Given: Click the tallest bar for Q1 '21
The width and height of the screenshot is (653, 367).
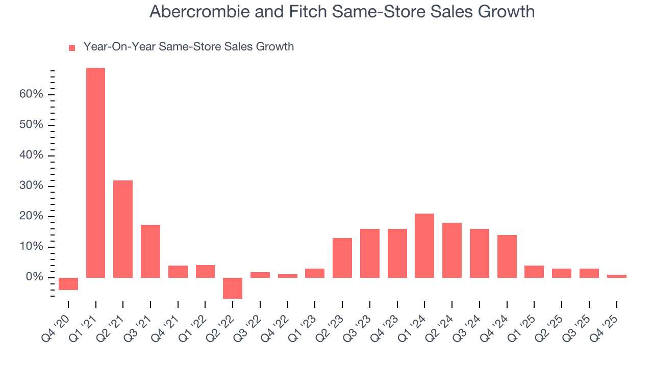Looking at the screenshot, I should pos(96,173).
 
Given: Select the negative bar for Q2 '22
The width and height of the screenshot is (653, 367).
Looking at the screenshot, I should pos(233,288).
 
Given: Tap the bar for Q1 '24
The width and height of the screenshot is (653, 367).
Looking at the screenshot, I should pos(424,246).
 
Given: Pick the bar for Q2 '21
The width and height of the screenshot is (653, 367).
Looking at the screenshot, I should pos(123,229).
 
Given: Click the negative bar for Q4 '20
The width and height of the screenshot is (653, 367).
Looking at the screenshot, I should pos(68,284).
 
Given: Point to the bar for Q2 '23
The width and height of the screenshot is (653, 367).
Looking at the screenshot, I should pos(342,258).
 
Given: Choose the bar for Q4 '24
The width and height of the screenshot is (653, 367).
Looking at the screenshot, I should pos(507,256).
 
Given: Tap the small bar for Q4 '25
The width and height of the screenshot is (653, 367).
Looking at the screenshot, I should pos(616,276).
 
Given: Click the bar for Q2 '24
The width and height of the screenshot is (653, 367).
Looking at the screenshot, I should pos(452,250).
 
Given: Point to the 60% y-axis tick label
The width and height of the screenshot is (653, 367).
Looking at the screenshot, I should pos(31,95).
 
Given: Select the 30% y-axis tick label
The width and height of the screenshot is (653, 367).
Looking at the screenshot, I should pos(31,186).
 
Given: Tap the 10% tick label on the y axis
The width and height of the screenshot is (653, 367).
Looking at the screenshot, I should pos(31,247).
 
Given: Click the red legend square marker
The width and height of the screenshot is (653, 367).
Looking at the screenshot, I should pos(72,47).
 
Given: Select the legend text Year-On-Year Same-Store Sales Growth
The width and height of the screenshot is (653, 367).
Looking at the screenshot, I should pos(188,47).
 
